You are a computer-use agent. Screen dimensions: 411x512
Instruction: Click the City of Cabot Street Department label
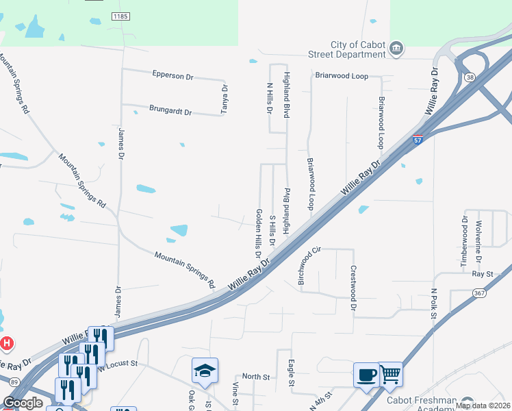point(357,49)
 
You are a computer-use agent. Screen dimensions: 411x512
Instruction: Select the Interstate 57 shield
point(418,140)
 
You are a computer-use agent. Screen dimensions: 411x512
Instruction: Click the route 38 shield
point(470,78)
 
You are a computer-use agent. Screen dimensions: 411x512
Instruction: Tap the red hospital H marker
point(6,342)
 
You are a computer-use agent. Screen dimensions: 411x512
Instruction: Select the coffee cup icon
point(366,375)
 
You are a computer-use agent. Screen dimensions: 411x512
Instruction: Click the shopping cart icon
point(389,374)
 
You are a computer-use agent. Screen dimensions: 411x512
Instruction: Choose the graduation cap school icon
point(205,371)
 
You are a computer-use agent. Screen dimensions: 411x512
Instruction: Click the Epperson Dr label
point(172,76)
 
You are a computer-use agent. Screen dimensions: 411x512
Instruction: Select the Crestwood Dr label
point(353,288)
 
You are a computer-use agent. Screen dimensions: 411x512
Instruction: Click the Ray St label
point(483,273)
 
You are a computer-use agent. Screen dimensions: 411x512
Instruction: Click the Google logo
point(23,403)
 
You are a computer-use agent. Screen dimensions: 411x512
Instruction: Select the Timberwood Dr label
point(465,241)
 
